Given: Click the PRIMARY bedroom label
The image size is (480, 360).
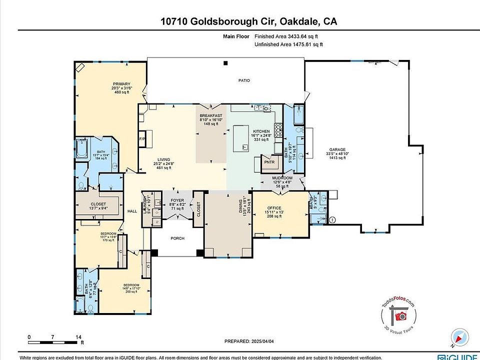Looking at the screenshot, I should point(121,84).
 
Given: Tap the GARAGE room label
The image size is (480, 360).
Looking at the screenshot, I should point(335,149).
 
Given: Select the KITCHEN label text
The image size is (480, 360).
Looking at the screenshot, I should point(261,131).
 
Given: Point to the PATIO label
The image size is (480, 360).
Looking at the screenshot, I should point(243,80).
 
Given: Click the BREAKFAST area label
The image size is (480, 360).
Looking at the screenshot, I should point(210,115).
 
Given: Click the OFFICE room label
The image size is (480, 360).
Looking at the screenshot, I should point(274,208).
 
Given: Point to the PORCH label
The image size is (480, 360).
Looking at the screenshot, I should point(177,238).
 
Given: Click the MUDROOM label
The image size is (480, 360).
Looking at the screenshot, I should point(282,178).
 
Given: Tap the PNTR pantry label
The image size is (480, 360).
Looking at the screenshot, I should point(269,163).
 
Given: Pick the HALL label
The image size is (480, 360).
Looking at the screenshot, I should point(132,211).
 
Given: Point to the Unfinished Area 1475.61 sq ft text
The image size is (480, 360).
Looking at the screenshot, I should point(288,44).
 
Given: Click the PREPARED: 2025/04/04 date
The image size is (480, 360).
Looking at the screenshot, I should point(250,341).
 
